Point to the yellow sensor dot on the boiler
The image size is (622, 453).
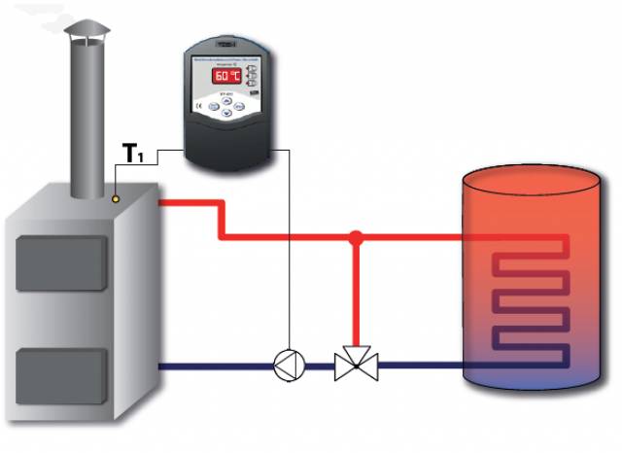click(x=117, y=198)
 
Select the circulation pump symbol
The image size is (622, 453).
click(x=289, y=366)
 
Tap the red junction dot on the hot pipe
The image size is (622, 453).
click(x=357, y=236)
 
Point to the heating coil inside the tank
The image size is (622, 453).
click(x=529, y=301)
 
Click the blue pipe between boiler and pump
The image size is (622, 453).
click(x=214, y=366)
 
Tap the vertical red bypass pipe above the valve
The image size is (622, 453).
click(x=357, y=292)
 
